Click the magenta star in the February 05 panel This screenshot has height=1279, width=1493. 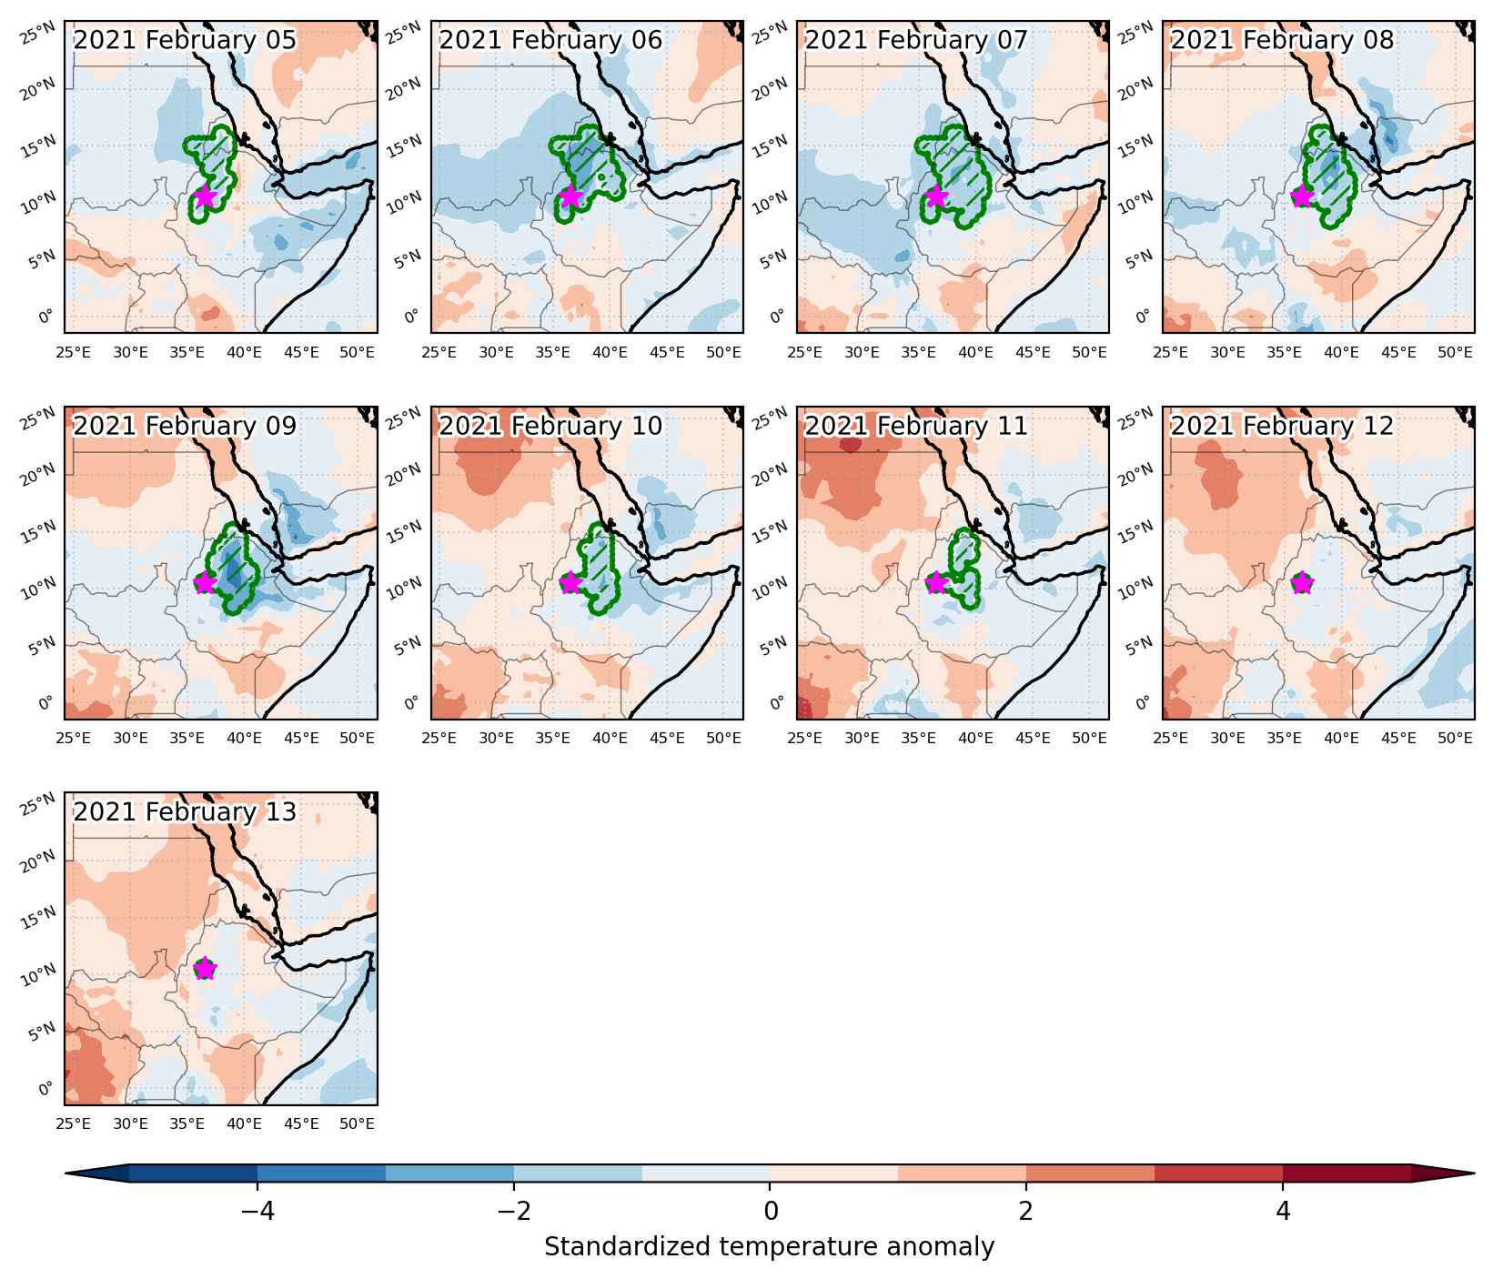click(x=205, y=196)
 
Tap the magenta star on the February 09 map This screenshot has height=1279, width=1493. click(x=205, y=582)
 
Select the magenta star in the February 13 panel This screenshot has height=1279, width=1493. click(x=205, y=968)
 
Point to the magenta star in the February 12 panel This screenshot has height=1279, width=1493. click(x=1302, y=582)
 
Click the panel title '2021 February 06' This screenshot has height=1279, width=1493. click(x=550, y=41)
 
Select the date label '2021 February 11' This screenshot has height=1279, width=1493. click(x=916, y=427)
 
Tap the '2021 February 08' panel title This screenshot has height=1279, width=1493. click(x=1282, y=41)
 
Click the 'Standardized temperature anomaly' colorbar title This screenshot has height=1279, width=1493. click(x=770, y=1246)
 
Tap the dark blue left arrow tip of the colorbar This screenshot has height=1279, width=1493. click(x=67, y=1173)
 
